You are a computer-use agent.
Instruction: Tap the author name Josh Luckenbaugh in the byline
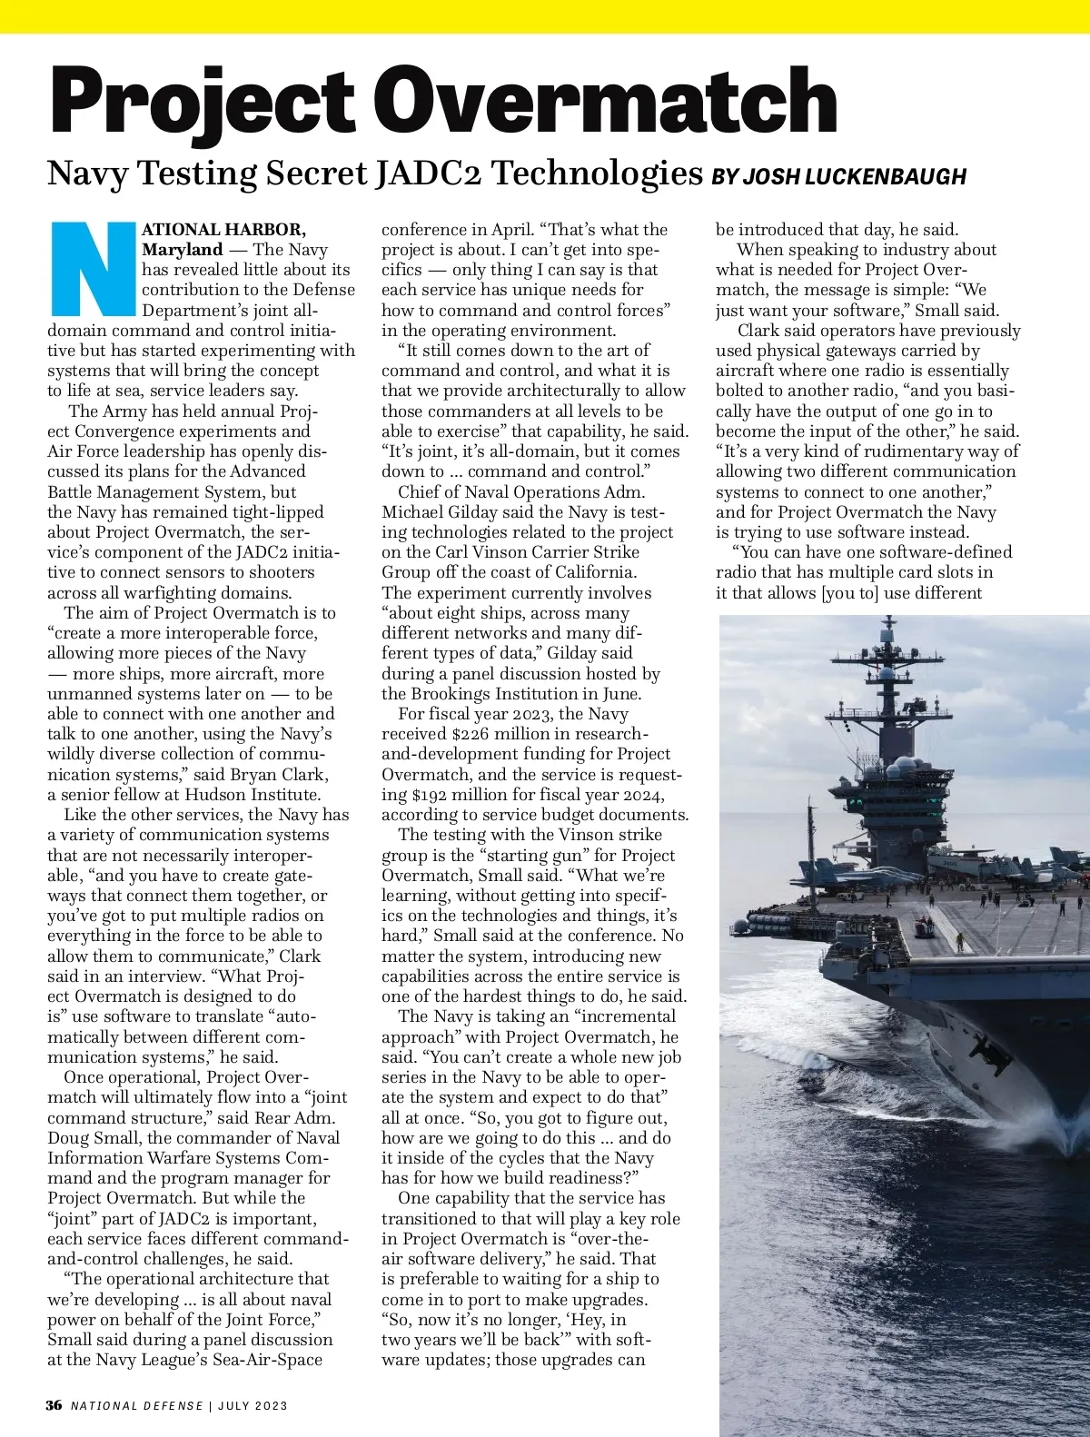[x=854, y=176]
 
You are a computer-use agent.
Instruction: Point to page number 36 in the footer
[x=54, y=1405]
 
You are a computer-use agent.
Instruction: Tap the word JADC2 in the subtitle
[x=420, y=173]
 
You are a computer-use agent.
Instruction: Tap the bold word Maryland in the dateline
[x=183, y=250]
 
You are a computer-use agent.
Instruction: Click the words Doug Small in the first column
[x=89, y=1138]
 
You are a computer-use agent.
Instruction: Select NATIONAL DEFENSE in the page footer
[x=137, y=1406]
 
